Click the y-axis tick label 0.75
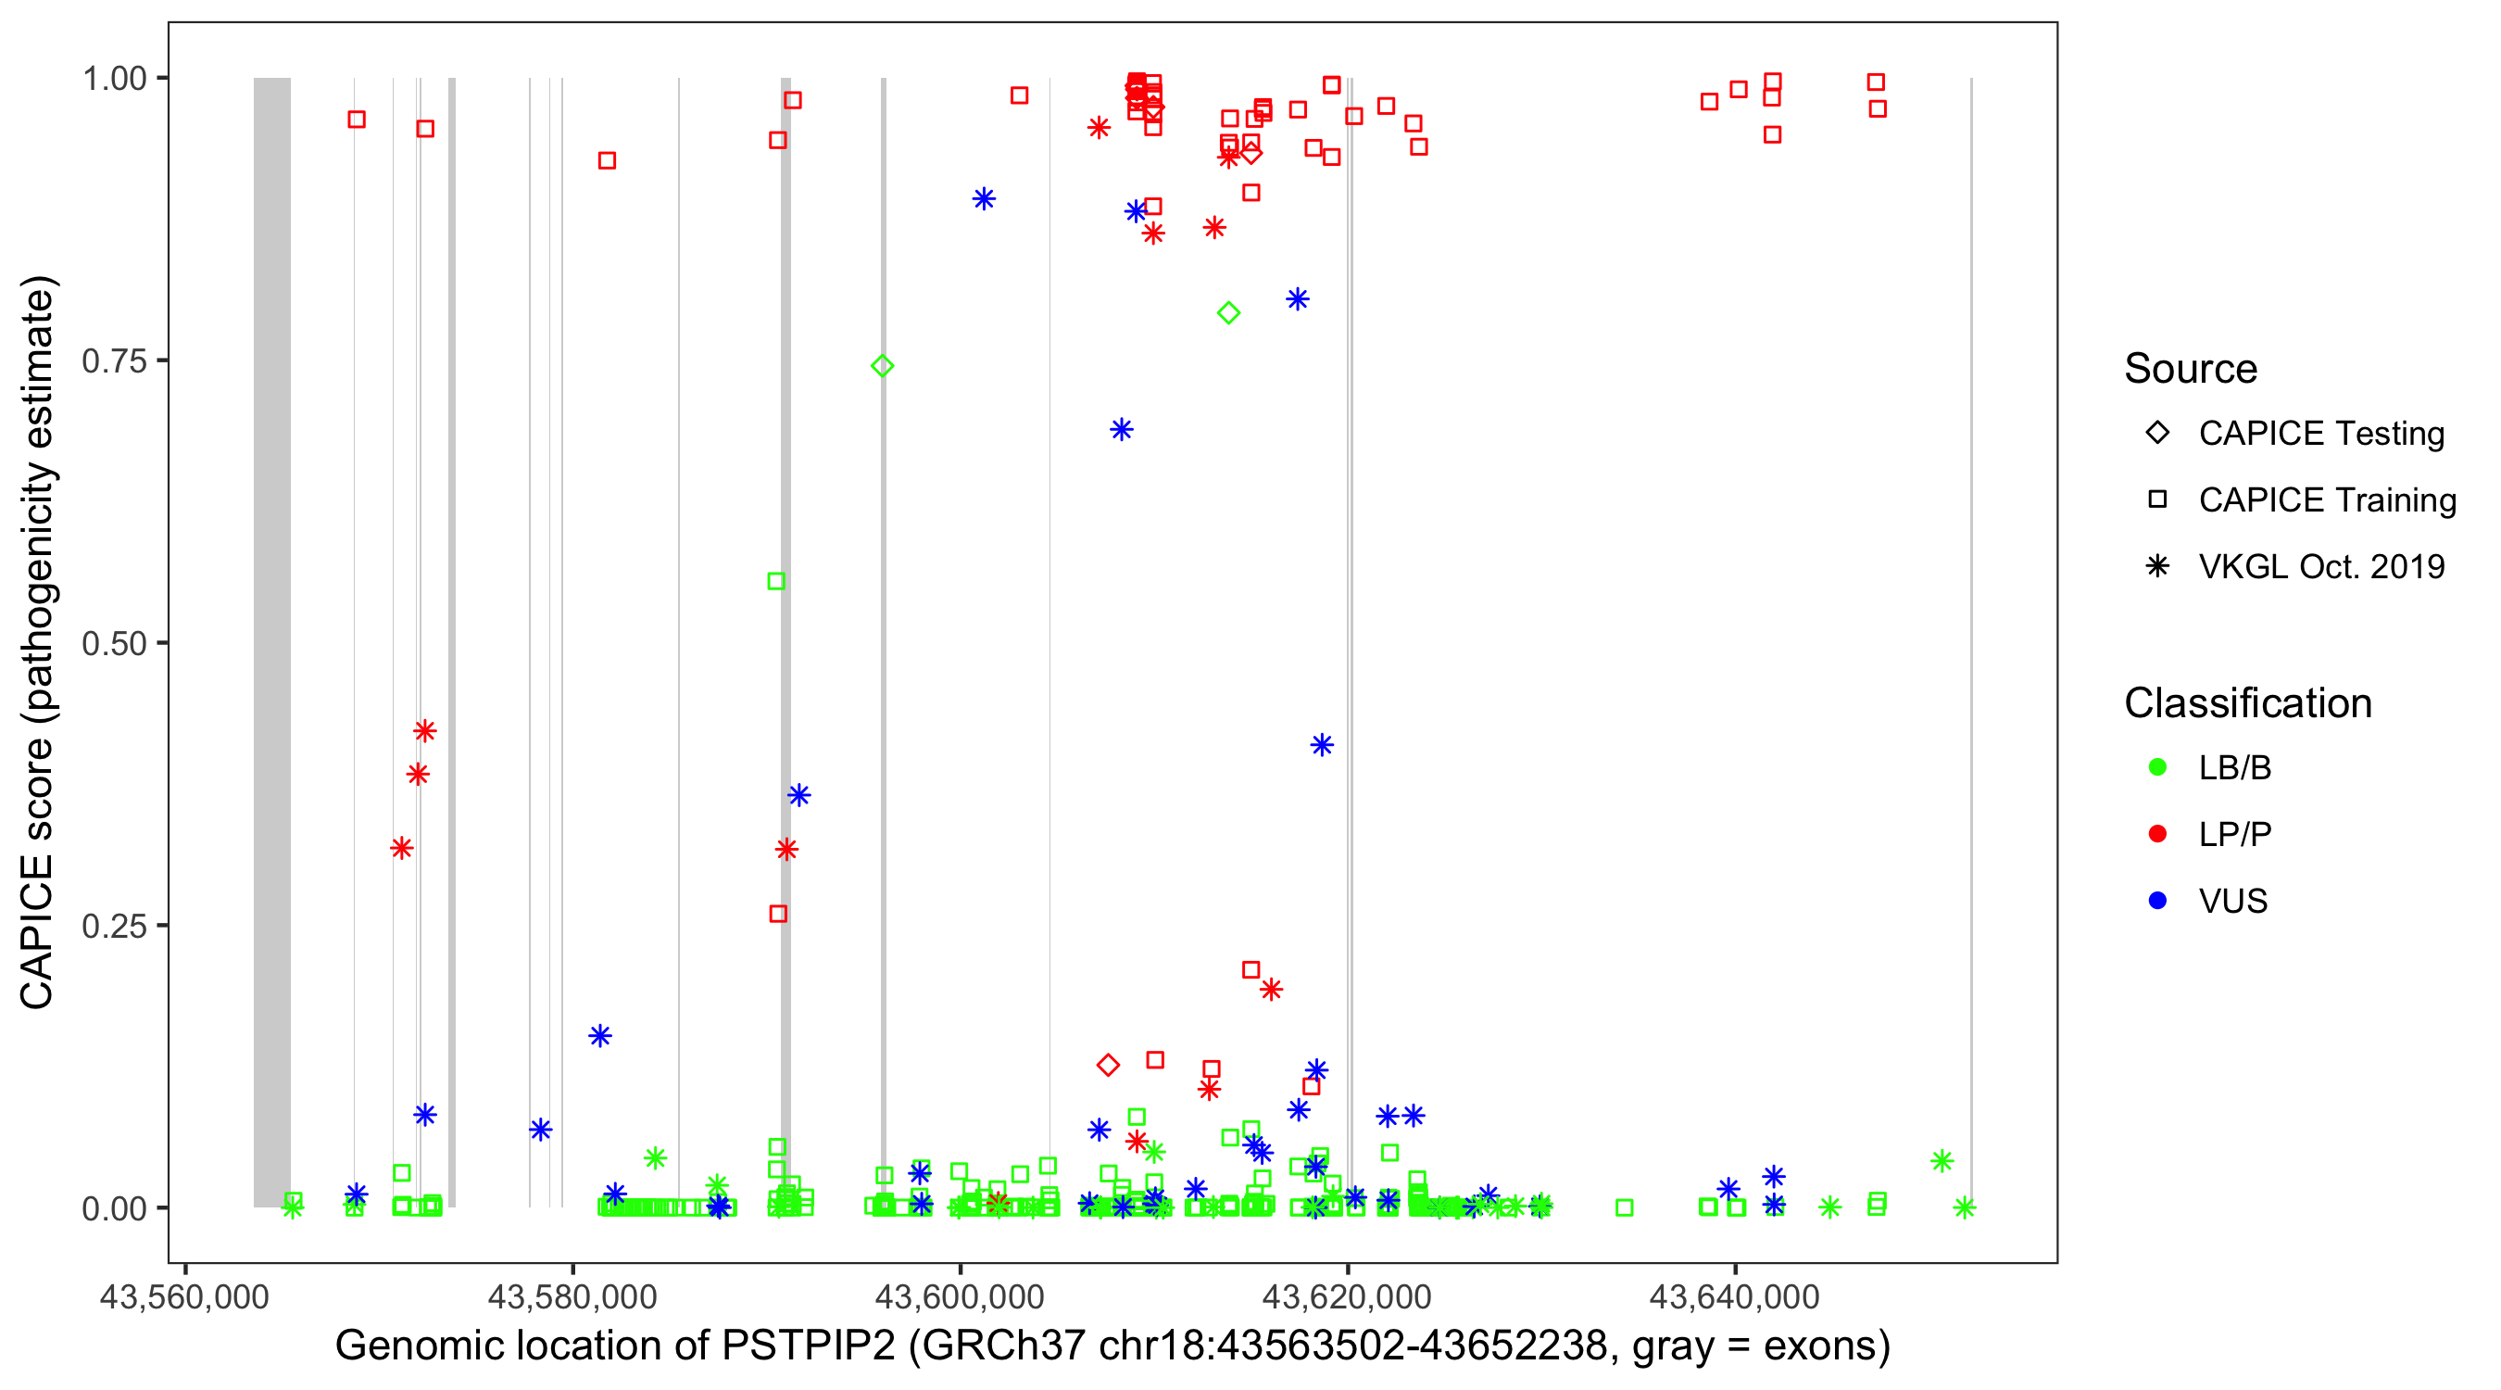pos(113,360)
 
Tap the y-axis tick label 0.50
pos(113,643)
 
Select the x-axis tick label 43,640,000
pos(1734,1297)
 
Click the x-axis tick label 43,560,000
pos(184,1297)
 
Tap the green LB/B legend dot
pos(2157,767)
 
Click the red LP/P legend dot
pos(2157,834)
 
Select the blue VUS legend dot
pos(2157,901)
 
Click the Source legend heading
pos(2191,369)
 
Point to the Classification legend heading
pos(2247,703)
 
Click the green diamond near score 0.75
pos(883,366)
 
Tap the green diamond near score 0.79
pos(1228,313)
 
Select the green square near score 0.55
pos(775,582)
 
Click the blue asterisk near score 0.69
pos(1122,429)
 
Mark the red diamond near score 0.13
pos(1108,1066)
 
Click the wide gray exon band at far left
pos(271,641)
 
